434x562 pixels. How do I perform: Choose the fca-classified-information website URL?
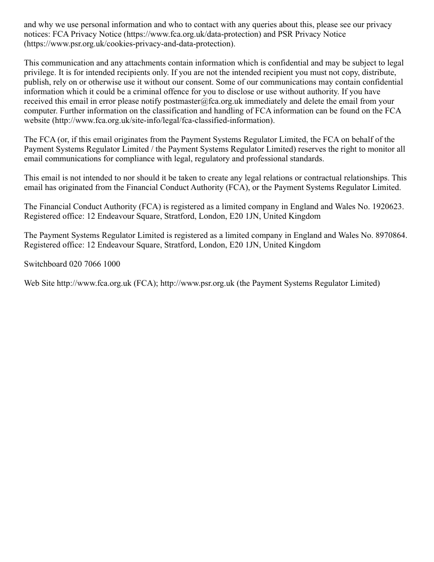click(163, 120)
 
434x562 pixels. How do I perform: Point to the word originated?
click(80, 187)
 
